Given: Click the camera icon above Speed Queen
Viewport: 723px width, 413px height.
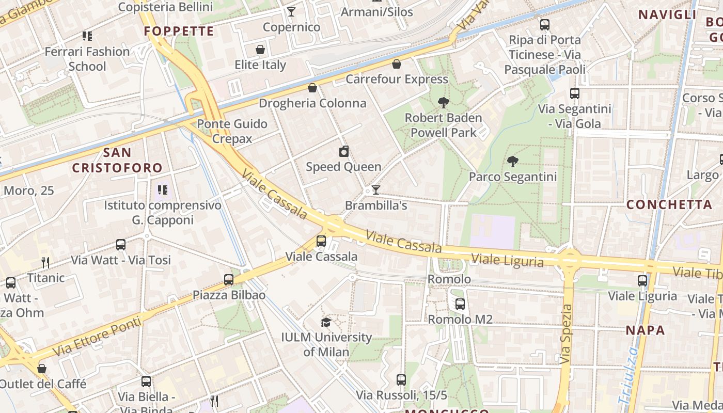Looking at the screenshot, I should [x=344, y=151].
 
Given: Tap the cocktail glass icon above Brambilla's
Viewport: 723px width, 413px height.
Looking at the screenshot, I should [x=376, y=190].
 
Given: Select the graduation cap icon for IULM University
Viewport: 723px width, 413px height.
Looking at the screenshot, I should [x=326, y=323].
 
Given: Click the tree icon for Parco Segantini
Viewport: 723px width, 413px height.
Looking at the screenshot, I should [x=512, y=162].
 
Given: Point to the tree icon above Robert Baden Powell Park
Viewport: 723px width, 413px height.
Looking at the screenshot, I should [x=443, y=102].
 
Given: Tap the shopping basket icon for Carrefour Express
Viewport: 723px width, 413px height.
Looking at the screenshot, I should [x=396, y=64].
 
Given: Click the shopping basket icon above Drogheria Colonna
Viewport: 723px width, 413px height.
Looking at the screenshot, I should [x=312, y=88].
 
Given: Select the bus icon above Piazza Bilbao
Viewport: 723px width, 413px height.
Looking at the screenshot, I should [x=229, y=280].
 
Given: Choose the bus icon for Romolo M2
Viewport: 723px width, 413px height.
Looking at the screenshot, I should [x=460, y=304].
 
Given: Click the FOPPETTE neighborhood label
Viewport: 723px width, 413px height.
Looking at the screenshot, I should [x=179, y=31].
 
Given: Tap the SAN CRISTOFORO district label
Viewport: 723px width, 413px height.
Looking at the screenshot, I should [x=117, y=160].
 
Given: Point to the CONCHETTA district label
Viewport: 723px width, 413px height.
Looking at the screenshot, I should [x=669, y=204].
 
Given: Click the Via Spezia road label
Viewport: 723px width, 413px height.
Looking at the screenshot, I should [x=566, y=334].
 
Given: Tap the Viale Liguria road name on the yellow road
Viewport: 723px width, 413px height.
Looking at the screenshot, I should [x=507, y=260].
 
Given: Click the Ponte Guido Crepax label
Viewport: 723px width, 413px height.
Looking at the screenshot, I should [x=232, y=131].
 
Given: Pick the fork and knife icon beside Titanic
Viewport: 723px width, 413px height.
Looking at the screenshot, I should [x=45, y=263].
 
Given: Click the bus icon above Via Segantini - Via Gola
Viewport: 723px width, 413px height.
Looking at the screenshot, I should [x=575, y=93].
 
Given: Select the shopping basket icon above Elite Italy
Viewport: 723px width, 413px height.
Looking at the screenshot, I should [x=260, y=50].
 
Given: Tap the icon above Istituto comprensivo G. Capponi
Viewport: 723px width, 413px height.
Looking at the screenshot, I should [x=163, y=190].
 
